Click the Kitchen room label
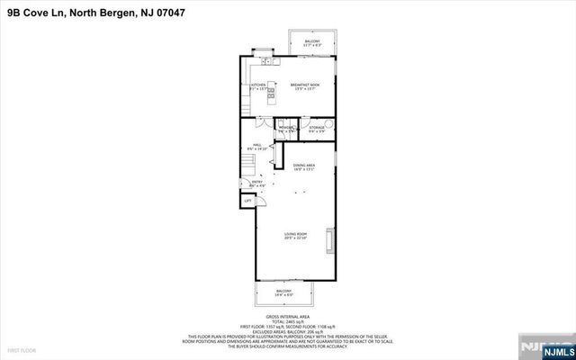pos(257,86)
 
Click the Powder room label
pos(286,130)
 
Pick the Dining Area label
pos(303,166)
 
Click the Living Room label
pos(296,237)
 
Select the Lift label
pos(247,201)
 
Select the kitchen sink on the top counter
pos(266,61)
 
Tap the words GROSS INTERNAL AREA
pos(288,317)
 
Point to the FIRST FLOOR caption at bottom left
pos(20,348)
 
